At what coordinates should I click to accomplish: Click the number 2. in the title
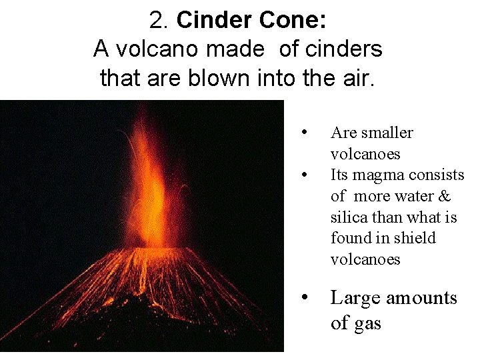pyautogui.click(x=161, y=21)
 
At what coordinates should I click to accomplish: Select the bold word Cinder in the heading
pyautogui.click(x=210, y=21)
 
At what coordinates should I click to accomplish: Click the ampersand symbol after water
pyautogui.click(x=445, y=196)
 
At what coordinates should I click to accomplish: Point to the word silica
pyautogui.click(x=348, y=217)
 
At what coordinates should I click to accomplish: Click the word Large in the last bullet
pyautogui.click(x=357, y=297)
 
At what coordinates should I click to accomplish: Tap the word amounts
pyautogui.click(x=424, y=297)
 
